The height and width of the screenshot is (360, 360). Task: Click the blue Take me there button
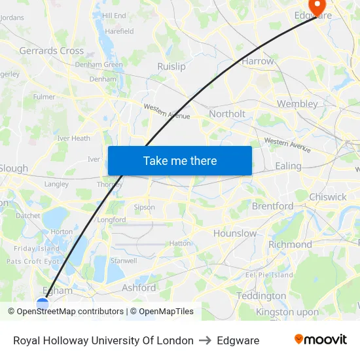pos(179,160)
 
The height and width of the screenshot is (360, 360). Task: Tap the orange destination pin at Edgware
pos(317,7)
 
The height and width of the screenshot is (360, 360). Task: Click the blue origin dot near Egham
pos(43,304)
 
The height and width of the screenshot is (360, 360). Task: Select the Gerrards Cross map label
pos(51,50)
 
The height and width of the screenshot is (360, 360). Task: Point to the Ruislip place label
pos(171,66)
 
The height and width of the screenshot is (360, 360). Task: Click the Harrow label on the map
pos(258,61)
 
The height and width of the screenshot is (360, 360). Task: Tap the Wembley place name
pos(297,103)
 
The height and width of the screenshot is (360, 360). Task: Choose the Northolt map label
pos(226,114)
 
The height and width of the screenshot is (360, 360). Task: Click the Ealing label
pos(288,166)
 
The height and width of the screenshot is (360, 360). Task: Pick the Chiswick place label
pos(328,196)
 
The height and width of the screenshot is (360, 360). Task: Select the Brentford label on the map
pos(273,206)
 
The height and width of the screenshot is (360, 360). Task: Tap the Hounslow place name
pos(235,233)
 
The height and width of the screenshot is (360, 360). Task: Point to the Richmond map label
pos(290,244)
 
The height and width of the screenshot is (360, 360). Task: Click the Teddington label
pos(261,296)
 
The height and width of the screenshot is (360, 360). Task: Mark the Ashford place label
pos(139,287)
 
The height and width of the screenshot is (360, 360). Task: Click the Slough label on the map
pos(14,168)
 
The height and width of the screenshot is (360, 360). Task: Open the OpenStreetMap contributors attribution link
pos(70,312)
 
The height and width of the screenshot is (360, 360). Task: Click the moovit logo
pos(321,340)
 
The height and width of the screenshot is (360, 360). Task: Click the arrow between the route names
pos(205,340)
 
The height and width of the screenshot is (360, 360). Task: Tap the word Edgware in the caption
pos(238,340)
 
